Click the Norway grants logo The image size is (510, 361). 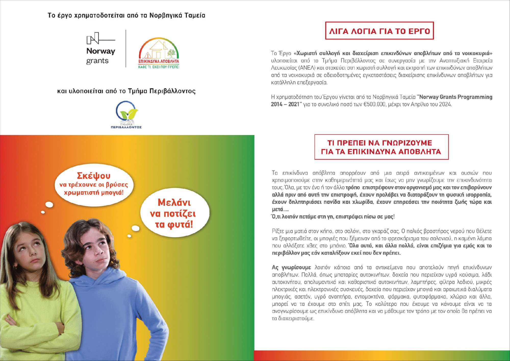pos(101,49)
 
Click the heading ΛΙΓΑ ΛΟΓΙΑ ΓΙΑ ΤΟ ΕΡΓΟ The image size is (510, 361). pos(379,31)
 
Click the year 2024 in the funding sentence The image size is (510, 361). pos(445,104)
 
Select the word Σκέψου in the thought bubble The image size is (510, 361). pos(94,176)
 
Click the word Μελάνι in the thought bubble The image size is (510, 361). pos(174,202)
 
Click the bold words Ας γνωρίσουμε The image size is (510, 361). pos(291,268)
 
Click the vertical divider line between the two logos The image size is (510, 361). pos(126,49)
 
